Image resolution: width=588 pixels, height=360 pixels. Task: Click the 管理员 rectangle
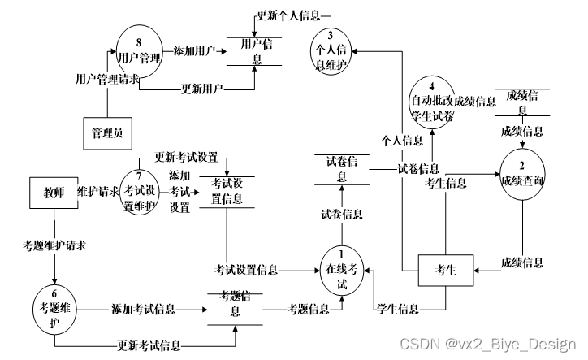107,132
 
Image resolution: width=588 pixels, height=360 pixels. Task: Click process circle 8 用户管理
140,51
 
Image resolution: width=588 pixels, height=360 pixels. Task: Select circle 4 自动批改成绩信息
441,102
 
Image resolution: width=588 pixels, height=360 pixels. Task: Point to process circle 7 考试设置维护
143,192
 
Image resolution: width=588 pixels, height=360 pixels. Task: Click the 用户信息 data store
252,53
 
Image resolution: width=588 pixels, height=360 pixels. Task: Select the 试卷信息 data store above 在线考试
341,168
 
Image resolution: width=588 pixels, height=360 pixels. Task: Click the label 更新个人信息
288,15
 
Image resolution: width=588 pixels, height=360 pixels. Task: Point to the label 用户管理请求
107,80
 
